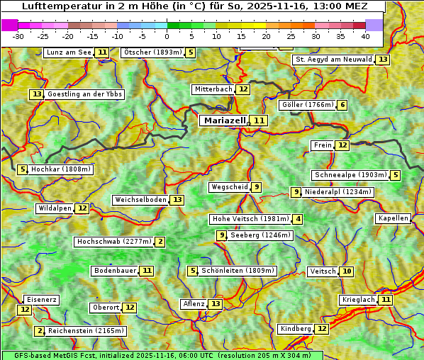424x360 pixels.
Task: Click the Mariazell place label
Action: (223, 120)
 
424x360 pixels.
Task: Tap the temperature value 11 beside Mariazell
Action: (260, 121)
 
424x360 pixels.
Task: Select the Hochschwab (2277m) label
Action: (113, 242)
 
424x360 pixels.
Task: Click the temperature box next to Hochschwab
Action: (160, 242)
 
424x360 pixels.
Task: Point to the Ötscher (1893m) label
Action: (152, 52)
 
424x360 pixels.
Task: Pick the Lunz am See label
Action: (69, 52)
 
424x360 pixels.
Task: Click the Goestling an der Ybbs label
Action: (84, 94)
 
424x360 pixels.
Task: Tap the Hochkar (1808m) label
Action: (60, 169)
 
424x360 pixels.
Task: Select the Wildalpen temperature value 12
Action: (82, 208)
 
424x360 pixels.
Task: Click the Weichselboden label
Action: (140, 200)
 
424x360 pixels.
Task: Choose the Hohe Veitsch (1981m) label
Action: (250, 219)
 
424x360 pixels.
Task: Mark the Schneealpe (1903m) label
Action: (350, 175)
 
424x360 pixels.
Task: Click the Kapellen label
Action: (393, 218)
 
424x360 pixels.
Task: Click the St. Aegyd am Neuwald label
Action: (333, 60)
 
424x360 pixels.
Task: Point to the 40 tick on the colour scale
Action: (365, 36)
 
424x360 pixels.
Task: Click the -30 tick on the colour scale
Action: (18, 36)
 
